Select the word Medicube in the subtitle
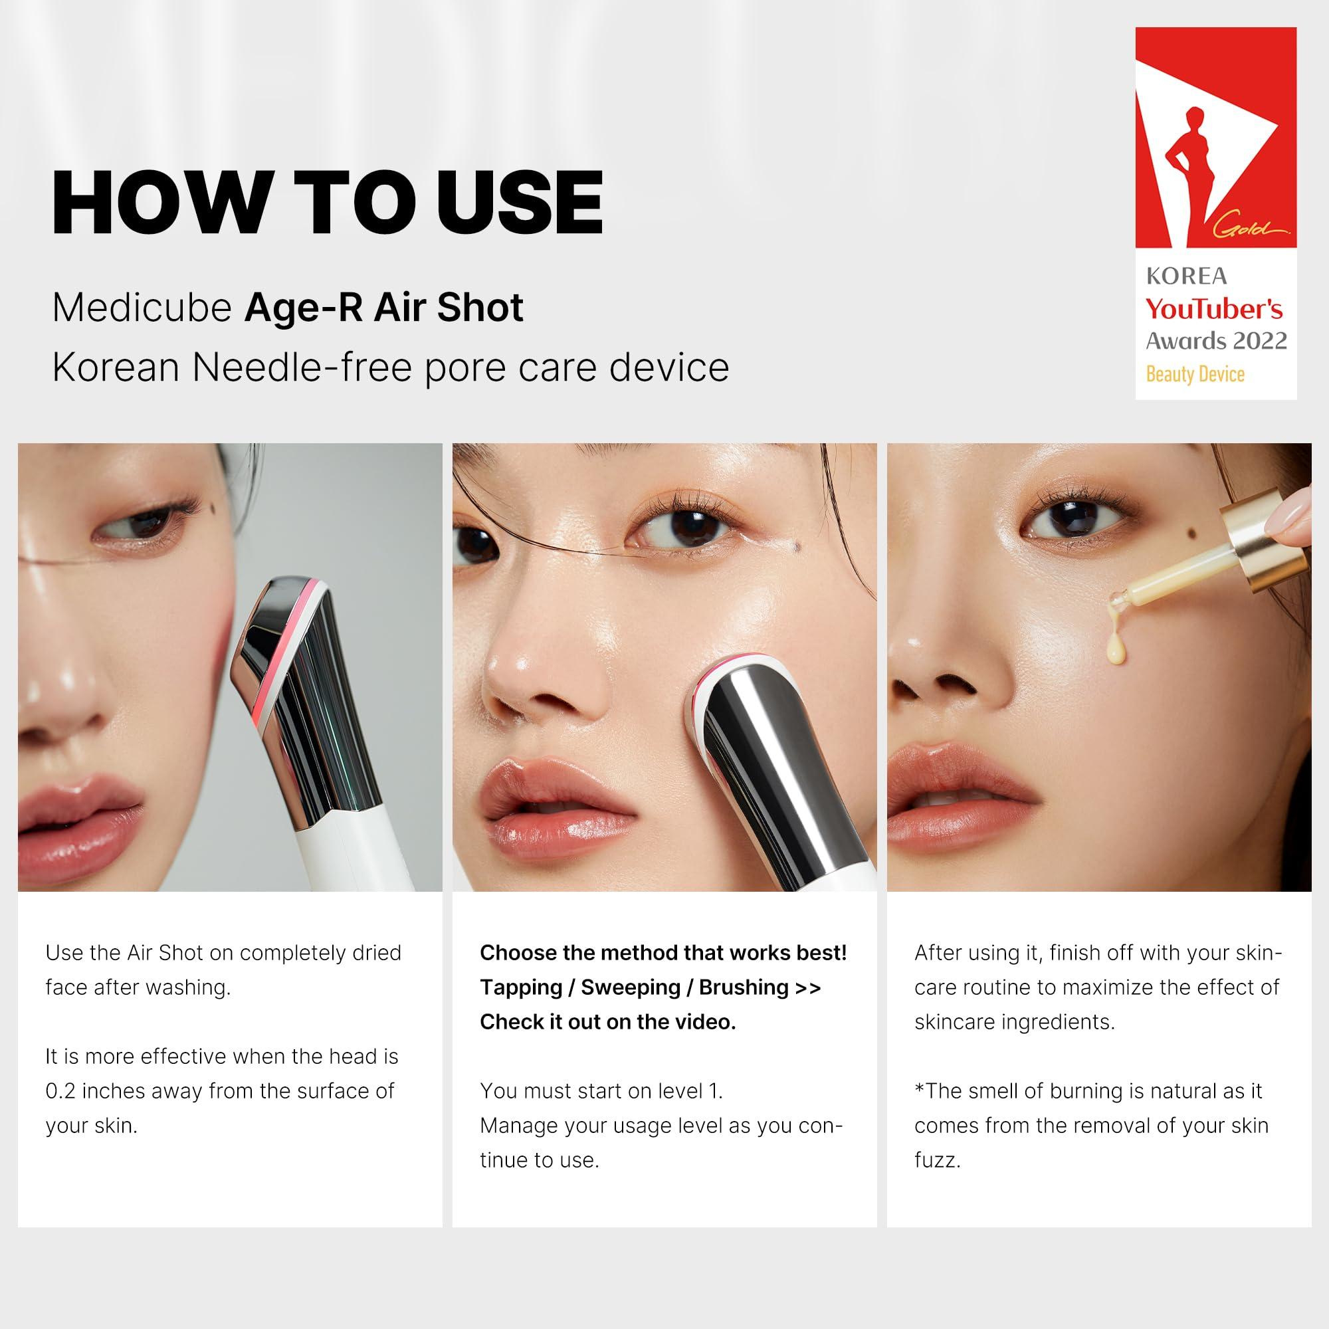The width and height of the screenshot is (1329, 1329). point(142,308)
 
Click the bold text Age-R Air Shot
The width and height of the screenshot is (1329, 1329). point(383,308)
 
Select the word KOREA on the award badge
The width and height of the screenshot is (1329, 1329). point(1186,276)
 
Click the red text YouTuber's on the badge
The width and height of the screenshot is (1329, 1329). point(1214,310)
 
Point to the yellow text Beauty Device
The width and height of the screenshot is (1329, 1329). point(1195,375)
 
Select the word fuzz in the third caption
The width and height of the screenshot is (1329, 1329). point(936,1160)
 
